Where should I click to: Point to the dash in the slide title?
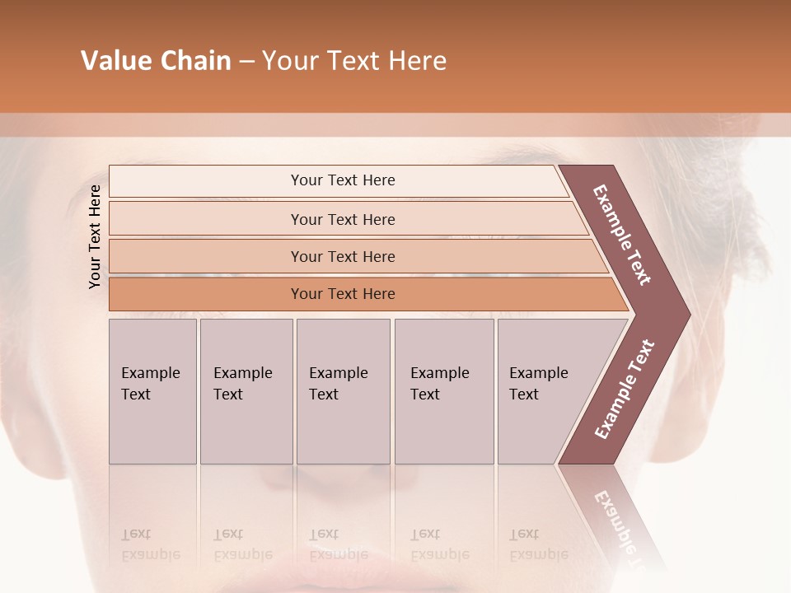pos(246,62)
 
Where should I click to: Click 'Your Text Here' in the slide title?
pos(354,61)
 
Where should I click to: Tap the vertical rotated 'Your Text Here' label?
pos(95,236)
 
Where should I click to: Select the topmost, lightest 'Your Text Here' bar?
pos(342,180)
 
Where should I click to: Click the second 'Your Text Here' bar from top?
pos(342,219)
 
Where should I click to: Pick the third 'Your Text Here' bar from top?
pos(342,256)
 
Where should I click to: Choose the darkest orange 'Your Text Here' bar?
pos(342,294)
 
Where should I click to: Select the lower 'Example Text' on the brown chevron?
pos(625,390)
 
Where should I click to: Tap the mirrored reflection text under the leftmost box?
pos(151,545)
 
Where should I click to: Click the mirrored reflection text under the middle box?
pos(338,545)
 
